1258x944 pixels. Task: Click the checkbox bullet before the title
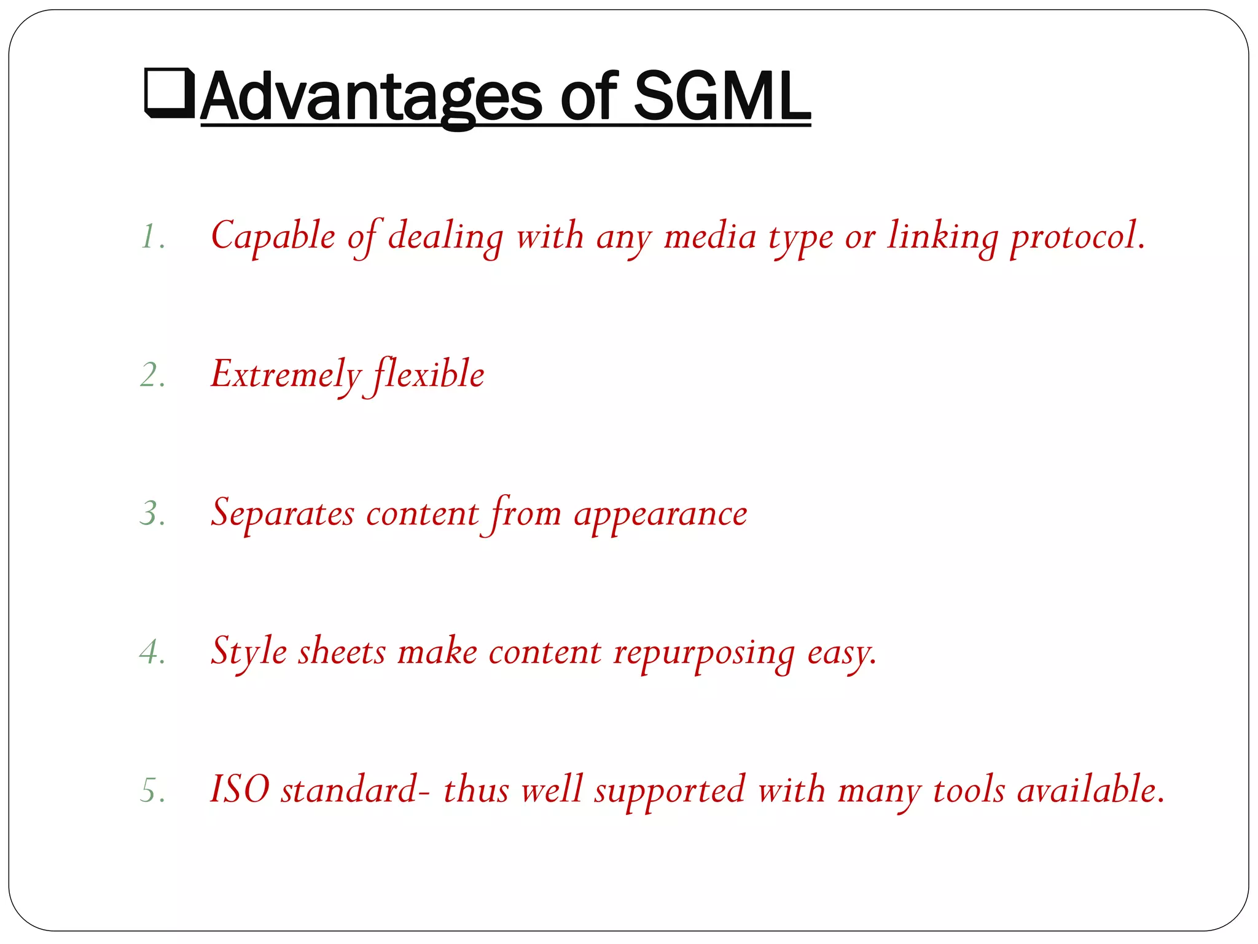(169, 93)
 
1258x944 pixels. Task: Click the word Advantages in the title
(371, 97)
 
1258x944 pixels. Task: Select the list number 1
(151, 237)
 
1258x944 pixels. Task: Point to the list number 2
(152, 376)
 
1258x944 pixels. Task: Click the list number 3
(152, 514)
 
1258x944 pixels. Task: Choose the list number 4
(152, 652)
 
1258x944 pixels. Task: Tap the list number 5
(152, 790)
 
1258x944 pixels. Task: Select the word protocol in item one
(1077, 237)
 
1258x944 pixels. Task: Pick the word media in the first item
(709, 237)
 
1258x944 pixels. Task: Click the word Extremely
(286, 376)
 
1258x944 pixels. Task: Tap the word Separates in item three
(283, 514)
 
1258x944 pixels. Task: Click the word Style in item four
(249, 652)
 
